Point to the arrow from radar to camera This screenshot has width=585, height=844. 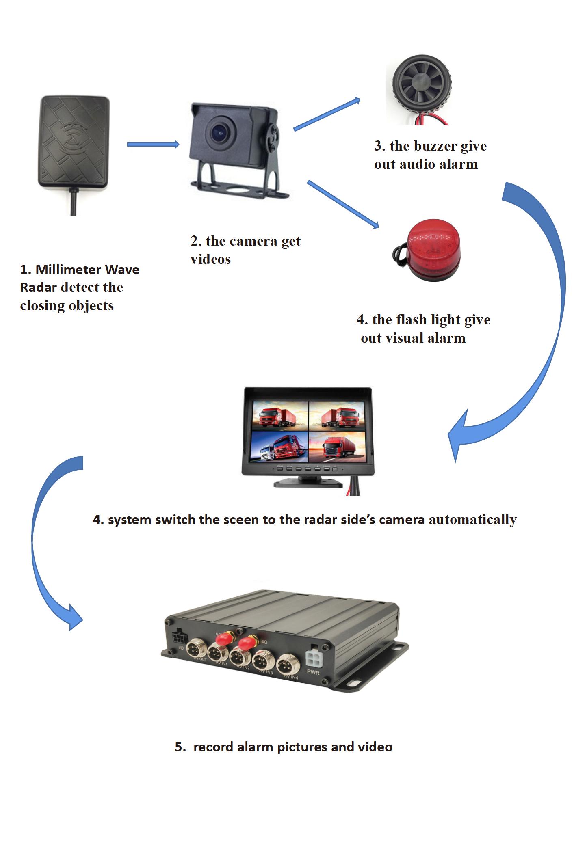[153, 144]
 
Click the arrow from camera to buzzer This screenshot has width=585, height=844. [327, 114]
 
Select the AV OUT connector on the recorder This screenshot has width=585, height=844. [198, 649]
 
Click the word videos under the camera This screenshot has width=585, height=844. [210, 259]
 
